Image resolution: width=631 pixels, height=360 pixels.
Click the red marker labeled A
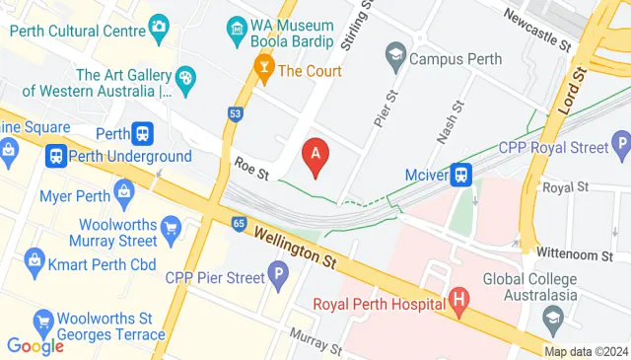pos(315,156)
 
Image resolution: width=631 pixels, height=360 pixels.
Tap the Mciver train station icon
pos(461,175)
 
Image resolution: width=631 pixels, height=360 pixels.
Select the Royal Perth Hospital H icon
pos(457,299)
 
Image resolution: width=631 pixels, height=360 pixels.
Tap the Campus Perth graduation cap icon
pos(395,53)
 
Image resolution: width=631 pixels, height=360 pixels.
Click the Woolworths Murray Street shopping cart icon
pos(170,231)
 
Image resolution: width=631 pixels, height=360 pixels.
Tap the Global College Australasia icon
pos(553,320)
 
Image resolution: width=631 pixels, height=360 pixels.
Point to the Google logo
pos(35,345)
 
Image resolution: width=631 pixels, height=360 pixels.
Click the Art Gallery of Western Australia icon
pos(185,78)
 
